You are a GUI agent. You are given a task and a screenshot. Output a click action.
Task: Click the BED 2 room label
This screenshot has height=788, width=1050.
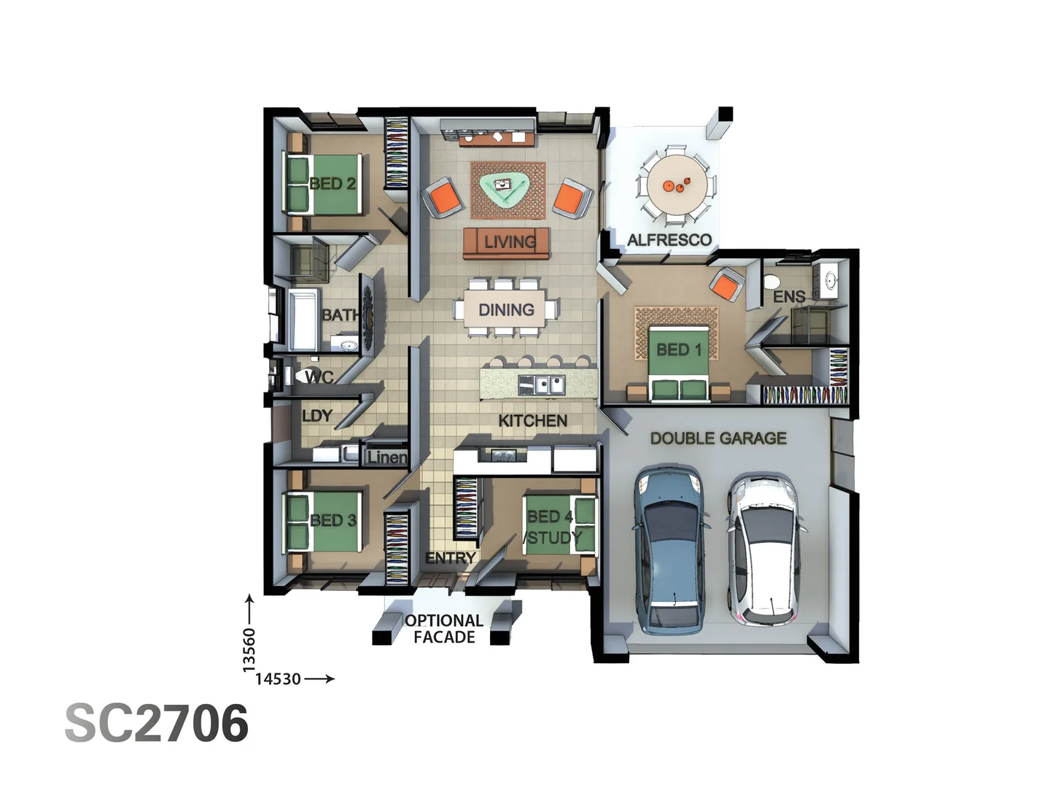[x=332, y=184]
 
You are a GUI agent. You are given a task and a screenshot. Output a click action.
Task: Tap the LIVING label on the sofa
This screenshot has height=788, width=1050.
[x=510, y=242]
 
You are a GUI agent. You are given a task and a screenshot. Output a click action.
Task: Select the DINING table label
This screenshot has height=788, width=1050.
[x=506, y=310]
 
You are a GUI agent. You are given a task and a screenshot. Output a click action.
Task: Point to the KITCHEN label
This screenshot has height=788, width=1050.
[x=532, y=421]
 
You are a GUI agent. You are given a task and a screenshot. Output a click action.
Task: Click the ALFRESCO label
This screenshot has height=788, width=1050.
[x=669, y=240]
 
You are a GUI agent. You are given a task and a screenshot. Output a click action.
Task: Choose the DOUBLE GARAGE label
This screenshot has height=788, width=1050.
[x=718, y=439]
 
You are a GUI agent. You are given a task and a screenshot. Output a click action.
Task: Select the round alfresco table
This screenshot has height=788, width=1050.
[x=676, y=185]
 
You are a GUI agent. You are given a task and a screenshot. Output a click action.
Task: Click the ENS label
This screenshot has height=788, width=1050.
[x=789, y=297]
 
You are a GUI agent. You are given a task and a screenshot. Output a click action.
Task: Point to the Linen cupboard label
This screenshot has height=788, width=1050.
[x=387, y=457]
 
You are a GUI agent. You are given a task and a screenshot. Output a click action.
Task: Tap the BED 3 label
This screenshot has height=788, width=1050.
[x=333, y=521]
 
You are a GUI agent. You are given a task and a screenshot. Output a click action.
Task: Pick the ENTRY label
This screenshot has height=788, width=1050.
[x=450, y=558]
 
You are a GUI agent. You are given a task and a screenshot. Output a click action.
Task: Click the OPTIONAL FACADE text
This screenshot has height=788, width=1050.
[x=444, y=629]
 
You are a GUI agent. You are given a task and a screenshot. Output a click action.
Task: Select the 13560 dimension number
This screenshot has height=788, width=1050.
[x=249, y=649]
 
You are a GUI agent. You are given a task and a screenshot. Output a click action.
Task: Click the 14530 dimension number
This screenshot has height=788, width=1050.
[x=278, y=679]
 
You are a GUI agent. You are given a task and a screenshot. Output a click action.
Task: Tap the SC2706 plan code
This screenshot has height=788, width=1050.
[x=157, y=723]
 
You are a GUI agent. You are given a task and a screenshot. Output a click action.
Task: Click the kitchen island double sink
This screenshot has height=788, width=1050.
[x=542, y=384]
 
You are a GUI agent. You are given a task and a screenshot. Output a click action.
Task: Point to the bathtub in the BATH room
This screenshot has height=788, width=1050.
[x=304, y=320]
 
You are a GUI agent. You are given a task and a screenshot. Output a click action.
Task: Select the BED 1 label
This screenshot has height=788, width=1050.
[x=679, y=350]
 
